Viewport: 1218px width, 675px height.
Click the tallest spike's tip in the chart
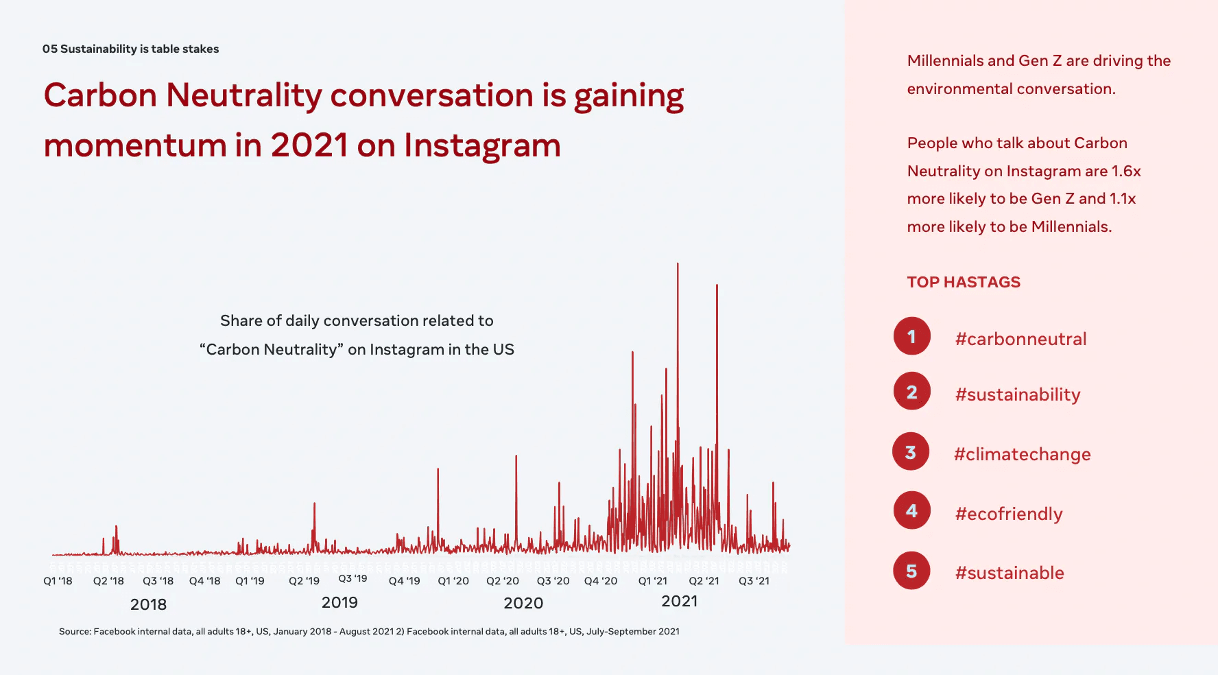click(678, 264)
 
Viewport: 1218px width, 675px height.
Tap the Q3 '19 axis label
click(353, 579)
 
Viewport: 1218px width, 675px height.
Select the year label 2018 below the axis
click(148, 604)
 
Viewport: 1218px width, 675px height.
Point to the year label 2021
click(679, 602)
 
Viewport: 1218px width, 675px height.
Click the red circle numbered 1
click(911, 336)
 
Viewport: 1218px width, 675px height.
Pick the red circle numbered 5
click(911, 571)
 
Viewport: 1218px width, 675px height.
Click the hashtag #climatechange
click(1022, 454)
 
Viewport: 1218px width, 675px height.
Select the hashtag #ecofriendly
click(1008, 514)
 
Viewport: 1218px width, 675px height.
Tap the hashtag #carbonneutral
click(1020, 339)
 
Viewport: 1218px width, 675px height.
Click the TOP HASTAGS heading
click(964, 282)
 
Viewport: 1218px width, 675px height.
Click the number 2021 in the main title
click(309, 145)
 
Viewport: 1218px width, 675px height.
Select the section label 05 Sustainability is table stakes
click(130, 49)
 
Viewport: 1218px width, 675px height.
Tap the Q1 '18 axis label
click(58, 581)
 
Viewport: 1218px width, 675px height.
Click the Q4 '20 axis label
click(600, 581)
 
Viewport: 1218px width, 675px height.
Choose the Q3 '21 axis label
click(754, 581)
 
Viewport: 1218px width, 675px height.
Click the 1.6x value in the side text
click(1126, 171)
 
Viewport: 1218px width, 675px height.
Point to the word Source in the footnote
click(75, 631)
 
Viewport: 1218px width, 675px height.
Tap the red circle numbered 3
click(910, 451)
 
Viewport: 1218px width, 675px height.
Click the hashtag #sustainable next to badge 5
click(1010, 573)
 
